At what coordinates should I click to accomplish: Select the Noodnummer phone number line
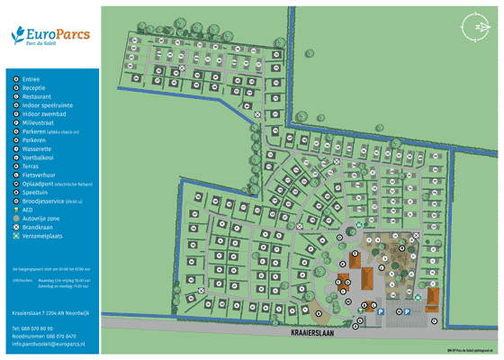44,336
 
